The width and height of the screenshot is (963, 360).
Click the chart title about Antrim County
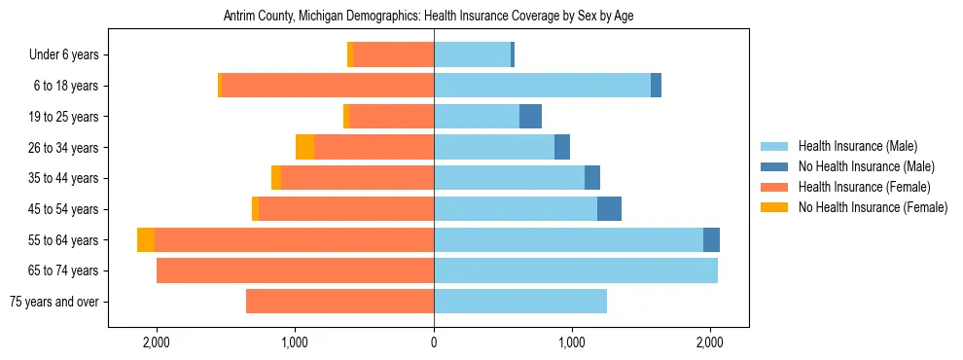click(428, 17)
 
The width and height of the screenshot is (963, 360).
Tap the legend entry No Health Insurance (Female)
click(872, 207)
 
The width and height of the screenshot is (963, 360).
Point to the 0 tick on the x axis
click(434, 342)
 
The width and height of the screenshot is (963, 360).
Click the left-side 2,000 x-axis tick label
click(157, 342)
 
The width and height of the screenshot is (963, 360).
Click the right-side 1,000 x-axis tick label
click(572, 342)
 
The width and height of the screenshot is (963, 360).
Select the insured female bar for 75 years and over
click(339, 302)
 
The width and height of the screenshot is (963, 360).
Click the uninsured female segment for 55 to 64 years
click(146, 240)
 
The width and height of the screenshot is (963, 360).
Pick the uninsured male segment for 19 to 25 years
click(530, 117)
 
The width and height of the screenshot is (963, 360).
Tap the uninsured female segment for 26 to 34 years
click(304, 148)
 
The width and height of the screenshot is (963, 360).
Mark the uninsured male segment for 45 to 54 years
click(609, 209)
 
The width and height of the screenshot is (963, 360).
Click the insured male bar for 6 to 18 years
click(542, 86)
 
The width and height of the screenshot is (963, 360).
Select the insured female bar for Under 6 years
click(393, 55)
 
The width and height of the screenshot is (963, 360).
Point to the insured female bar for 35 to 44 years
click(357, 178)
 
